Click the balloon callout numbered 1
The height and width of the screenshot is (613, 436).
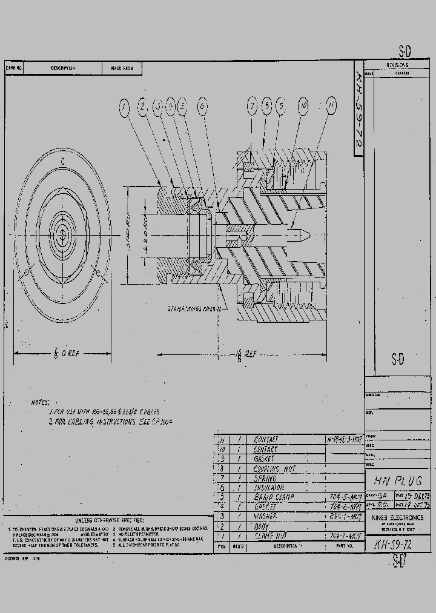[124, 108]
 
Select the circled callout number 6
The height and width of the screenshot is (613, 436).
[202, 107]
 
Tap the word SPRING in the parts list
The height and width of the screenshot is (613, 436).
[265, 479]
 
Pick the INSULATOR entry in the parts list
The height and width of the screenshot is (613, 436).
[269, 488]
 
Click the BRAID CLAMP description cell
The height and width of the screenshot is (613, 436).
[274, 497]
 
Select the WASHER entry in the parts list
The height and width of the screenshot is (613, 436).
[265, 517]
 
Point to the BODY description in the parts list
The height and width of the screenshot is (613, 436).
[262, 526]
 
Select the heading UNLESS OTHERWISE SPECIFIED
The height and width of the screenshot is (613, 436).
[110, 520]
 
